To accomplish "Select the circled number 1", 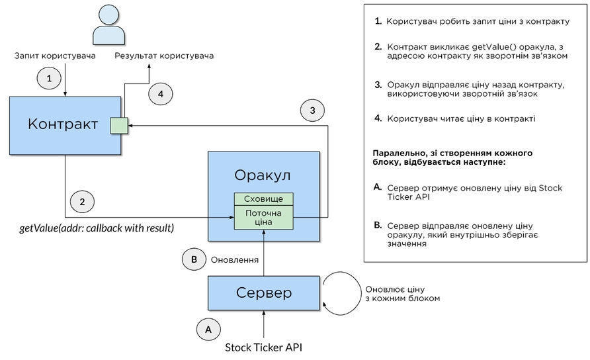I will point(48,78).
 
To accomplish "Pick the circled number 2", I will point(83,201).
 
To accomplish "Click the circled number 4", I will point(160,94).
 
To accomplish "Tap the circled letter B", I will point(193,259).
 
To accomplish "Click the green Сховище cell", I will point(263,199).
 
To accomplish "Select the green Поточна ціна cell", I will point(263,218).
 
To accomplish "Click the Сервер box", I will point(263,293).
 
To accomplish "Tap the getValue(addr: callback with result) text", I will point(96,228).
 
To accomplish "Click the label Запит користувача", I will point(55,56).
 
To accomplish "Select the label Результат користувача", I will point(164,56).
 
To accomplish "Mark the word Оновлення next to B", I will point(234,259).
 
